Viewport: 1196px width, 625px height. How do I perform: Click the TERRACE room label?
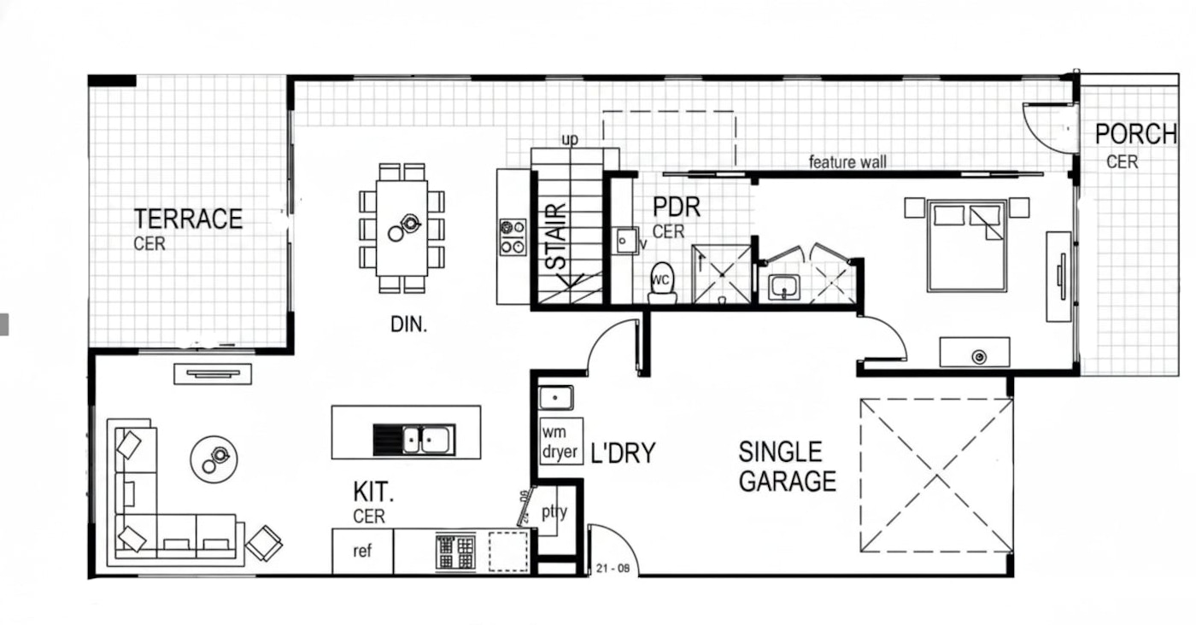tap(188, 219)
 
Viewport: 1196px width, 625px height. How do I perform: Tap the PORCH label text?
tap(1135, 134)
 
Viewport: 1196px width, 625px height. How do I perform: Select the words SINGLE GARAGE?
tap(787, 466)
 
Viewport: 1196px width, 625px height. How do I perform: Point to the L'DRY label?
tap(623, 453)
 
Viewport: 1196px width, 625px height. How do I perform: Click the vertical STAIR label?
tap(557, 237)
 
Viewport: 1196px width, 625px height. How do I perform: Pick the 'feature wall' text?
tap(847, 161)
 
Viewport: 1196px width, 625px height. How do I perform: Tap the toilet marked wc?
tap(662, 283)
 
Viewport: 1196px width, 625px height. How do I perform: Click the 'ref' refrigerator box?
tap(362, 552)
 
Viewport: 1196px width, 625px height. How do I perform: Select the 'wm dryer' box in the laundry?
tap(560, 441)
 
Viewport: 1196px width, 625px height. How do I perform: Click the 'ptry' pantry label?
tap(554, 511)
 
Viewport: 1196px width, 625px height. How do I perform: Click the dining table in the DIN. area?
tap(402, 229)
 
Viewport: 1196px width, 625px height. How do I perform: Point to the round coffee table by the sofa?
tap(214, 459)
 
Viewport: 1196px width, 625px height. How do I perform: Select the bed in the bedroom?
tap(967, 246)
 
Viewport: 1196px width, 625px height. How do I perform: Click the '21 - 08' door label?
tap(613, 569)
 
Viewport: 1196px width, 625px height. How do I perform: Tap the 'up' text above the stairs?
tap(570, 140)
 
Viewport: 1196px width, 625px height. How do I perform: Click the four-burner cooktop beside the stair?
tap(513, 237)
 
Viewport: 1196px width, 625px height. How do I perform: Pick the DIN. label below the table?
tap(408, 324)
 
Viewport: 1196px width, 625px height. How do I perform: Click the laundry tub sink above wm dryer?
tap(556, 398)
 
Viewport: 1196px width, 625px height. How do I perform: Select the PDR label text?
tap(676, 207)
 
